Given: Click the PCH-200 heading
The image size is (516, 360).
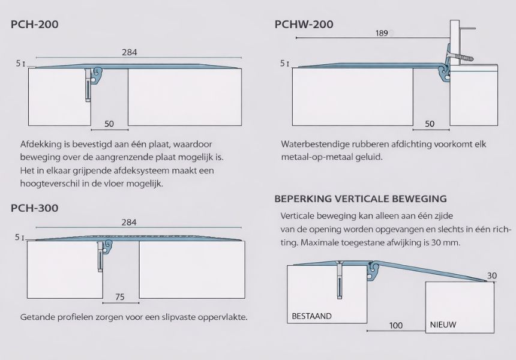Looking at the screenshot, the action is click(x=35, y=25).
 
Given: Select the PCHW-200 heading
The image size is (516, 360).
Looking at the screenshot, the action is click(x=304, y=25).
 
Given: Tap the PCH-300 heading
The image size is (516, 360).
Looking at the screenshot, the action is click(x=35, y=208).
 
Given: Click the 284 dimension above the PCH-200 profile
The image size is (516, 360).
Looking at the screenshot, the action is click(x=130, y=52).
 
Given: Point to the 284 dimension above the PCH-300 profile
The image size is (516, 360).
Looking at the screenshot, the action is click(x=129, y=223).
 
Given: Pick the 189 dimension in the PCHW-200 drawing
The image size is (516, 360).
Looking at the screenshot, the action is click(x=382, y=33).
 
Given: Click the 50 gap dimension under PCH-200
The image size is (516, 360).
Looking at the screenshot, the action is click(x=109, y=124).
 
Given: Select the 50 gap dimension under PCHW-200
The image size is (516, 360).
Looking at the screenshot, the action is click(x=430, y=124).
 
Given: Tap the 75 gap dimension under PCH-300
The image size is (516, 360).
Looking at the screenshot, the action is click(x=120, y=297).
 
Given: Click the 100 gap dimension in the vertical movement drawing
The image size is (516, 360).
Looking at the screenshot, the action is click(x=396, y=325).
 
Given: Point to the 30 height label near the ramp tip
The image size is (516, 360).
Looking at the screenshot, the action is click(x=492, y=276).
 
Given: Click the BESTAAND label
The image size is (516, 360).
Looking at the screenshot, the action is click(x=311, y=316).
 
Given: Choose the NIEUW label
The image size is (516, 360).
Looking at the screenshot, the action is click(x=443, y=325).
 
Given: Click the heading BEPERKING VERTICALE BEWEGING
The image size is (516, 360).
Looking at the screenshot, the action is click(x=361, y=199).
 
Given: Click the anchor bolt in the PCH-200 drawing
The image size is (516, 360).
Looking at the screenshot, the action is click(x=88, y=86).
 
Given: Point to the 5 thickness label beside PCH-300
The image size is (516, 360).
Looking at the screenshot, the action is click(x=17, y=237).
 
